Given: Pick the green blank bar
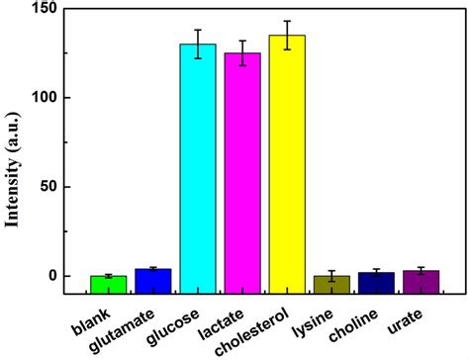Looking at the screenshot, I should pyautogui.click(x=108, y=283).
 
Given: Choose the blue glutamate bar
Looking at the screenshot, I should pyautogui.click(x=152, y=280).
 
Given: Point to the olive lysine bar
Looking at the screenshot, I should pyautogui.click(x=331, y=284).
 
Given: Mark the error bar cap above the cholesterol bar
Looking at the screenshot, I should pyautogui.click(x=287, y=21).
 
